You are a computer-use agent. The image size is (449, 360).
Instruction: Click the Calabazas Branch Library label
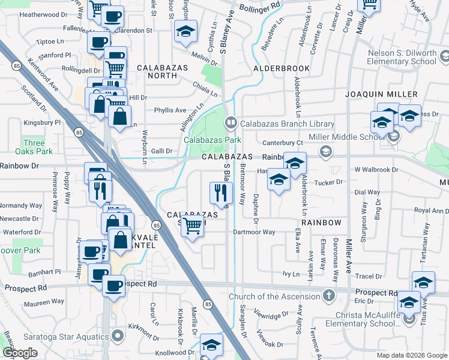click(287, 124)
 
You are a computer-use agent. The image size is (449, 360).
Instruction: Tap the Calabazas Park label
click(212, 140)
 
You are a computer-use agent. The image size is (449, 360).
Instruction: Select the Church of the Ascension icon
click(328, 296)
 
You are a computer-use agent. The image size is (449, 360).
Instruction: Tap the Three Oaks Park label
click(34, 147)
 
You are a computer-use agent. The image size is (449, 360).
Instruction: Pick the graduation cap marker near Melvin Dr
click(186, 31)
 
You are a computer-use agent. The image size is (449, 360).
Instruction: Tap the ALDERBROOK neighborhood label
click(281, 68)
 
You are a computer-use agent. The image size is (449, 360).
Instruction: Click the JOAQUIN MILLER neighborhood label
click(381, 94)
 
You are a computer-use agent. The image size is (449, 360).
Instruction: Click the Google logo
click(20, 353)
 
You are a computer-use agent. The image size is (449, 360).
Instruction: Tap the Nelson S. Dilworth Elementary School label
click(402, 57)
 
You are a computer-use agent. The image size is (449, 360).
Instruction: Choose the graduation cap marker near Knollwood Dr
click(211, 344)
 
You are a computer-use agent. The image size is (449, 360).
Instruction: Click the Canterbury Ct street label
click(283, 143)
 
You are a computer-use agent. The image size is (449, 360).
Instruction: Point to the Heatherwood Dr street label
click(43, 14)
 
